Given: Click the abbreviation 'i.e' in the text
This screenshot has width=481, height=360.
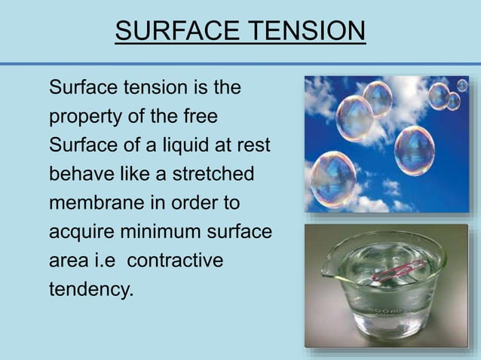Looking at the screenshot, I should point(106,260).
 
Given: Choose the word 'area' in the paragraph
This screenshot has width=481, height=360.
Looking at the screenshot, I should point(66,261).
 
